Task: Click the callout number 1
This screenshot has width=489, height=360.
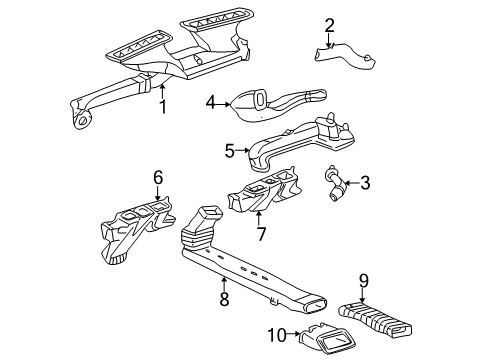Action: coord(162,105)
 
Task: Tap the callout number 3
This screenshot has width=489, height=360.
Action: coord(365,182)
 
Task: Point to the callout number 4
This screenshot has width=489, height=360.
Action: coord(212,101)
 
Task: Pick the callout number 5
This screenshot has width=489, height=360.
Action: coord(229,152)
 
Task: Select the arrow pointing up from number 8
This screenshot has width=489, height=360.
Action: coord(224,281)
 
